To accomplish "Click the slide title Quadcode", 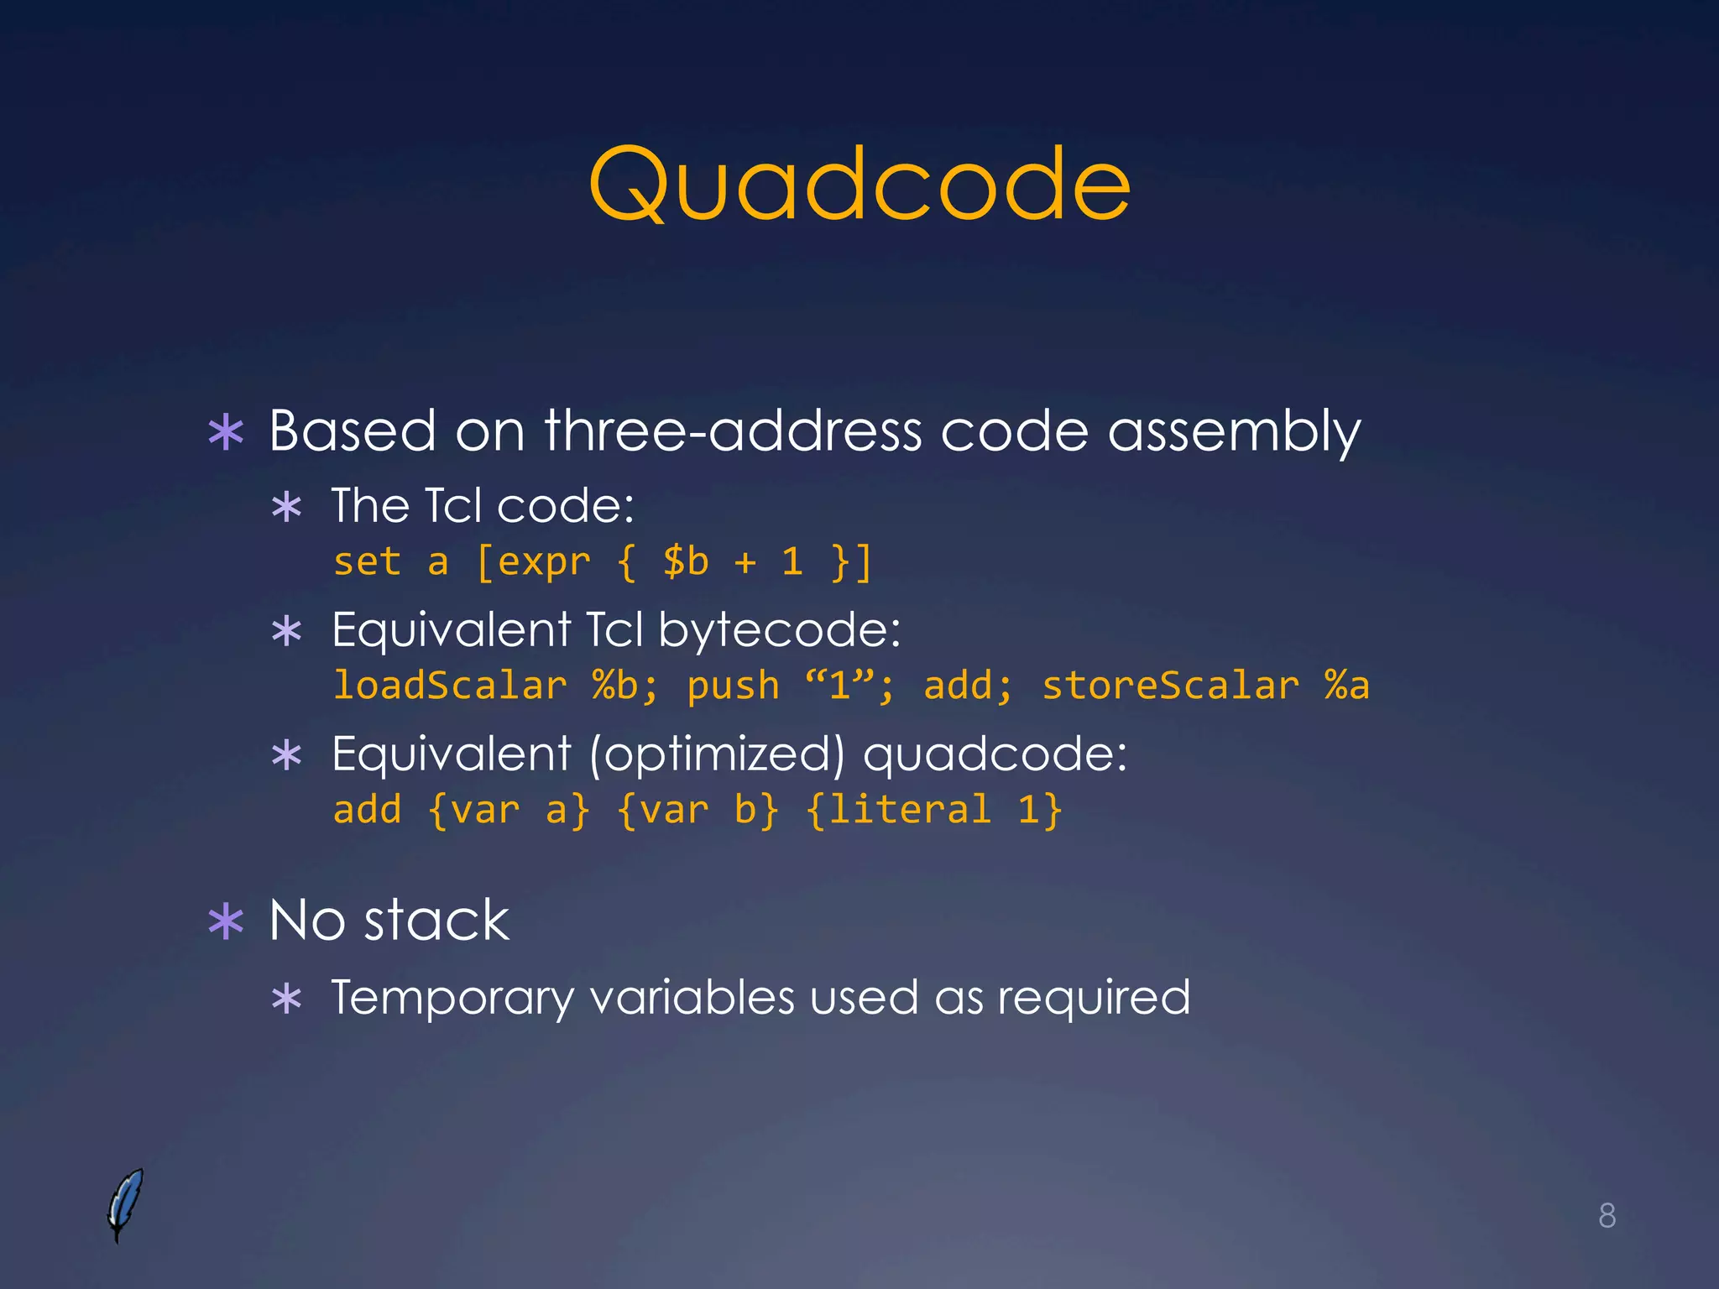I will click(859, 185).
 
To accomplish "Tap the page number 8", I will click(1607, 1215).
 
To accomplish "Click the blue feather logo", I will click(125, 1203).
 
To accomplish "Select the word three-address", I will click(733, 431).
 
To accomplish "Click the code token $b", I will click(686, 561).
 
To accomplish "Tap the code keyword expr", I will click(544, 563).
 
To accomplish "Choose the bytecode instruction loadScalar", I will click(450, 685).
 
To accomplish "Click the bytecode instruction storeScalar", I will click(1170, 685).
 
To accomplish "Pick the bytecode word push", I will click(733, 686).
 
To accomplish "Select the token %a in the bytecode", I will click(1346, 685).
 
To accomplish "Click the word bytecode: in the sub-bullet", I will click(779, 629).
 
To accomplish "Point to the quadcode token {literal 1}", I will click(933, 810).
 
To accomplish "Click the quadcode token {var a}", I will click(509, 810).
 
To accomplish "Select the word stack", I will click(436, 920).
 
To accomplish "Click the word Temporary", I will click(452, 999).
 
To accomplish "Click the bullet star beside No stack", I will click(226, 921).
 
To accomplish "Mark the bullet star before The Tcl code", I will click(287, 508).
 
